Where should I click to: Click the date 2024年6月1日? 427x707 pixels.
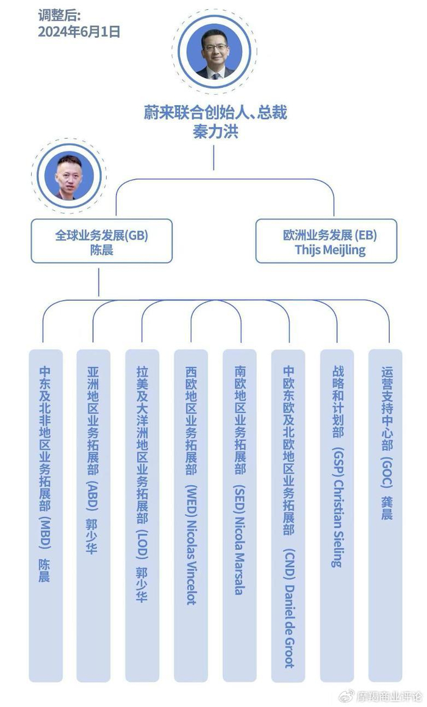pyautogui.click(x=79, y=31)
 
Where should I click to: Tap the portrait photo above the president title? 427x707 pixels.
pyautogui.click(x=213, y=54)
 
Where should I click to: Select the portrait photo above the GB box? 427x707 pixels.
pyautogui.click(x=69, y=176)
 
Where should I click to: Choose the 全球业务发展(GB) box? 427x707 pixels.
pyautogui.click(x=101, y=241)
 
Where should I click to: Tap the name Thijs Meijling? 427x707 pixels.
pyautogui.click(x=330, y=249)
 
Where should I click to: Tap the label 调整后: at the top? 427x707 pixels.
pyautogui.click(x=59, y=15)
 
